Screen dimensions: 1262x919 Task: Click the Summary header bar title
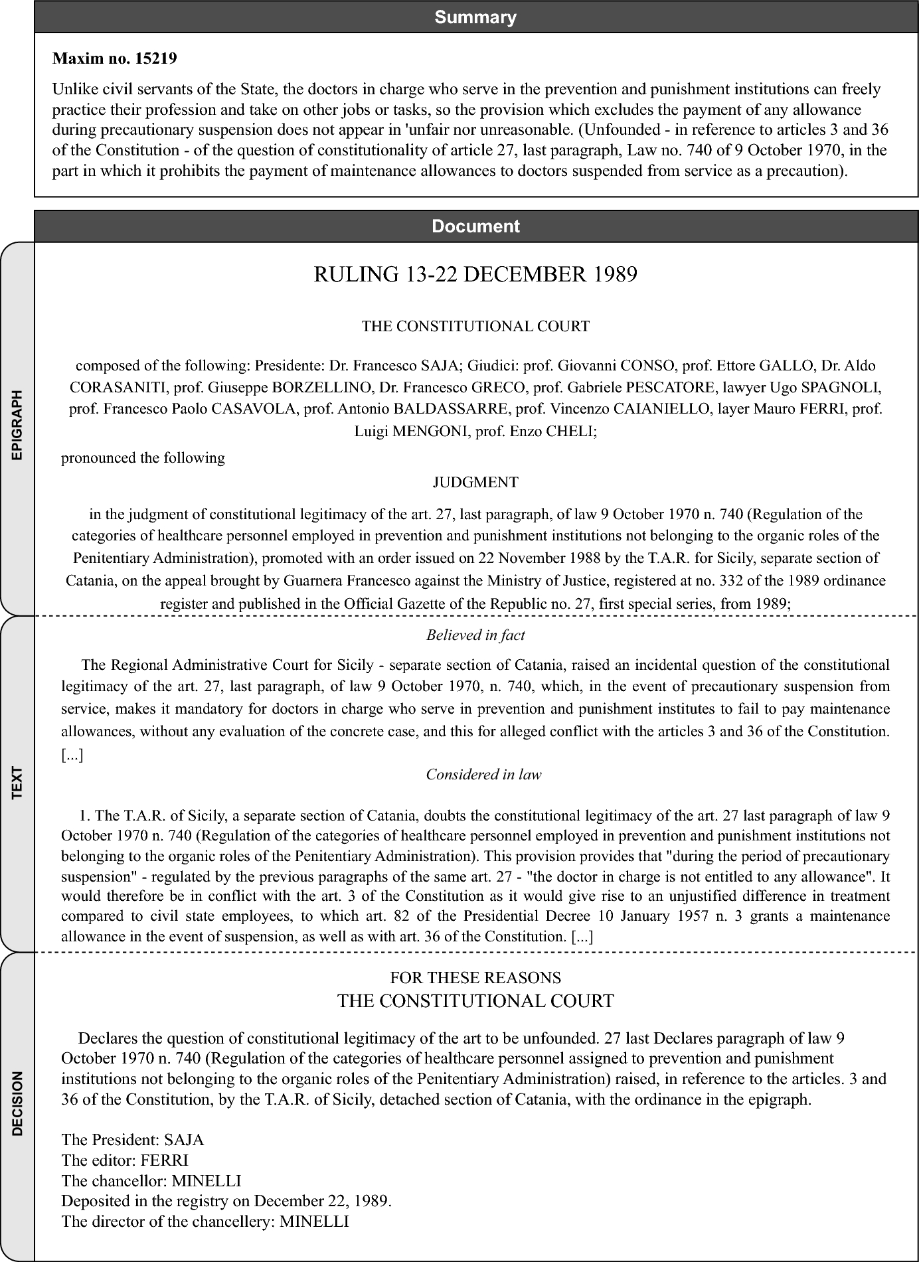tap(475, 17)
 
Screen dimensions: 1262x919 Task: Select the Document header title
tap(475, 226)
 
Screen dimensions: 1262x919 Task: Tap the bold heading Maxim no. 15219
tap(114, 58)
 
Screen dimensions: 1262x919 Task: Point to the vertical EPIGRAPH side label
tap(17, 425)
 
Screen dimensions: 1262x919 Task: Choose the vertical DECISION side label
tap(17, 1103)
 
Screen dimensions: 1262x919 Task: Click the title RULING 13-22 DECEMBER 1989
tap(475, 274)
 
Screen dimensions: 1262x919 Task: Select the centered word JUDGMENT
tap(475, 483)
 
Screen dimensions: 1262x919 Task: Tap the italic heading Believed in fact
tap(475, 635)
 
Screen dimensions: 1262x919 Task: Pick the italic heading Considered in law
tap(483, 774)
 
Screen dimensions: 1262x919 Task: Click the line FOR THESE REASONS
tap(475, 977)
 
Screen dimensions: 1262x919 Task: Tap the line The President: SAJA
tap(133, 1140)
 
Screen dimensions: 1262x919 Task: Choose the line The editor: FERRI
tap(125, 1160)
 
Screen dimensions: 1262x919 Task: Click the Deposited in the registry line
tap(226, 1200)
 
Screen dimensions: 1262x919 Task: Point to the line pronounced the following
tap(143, 458)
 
